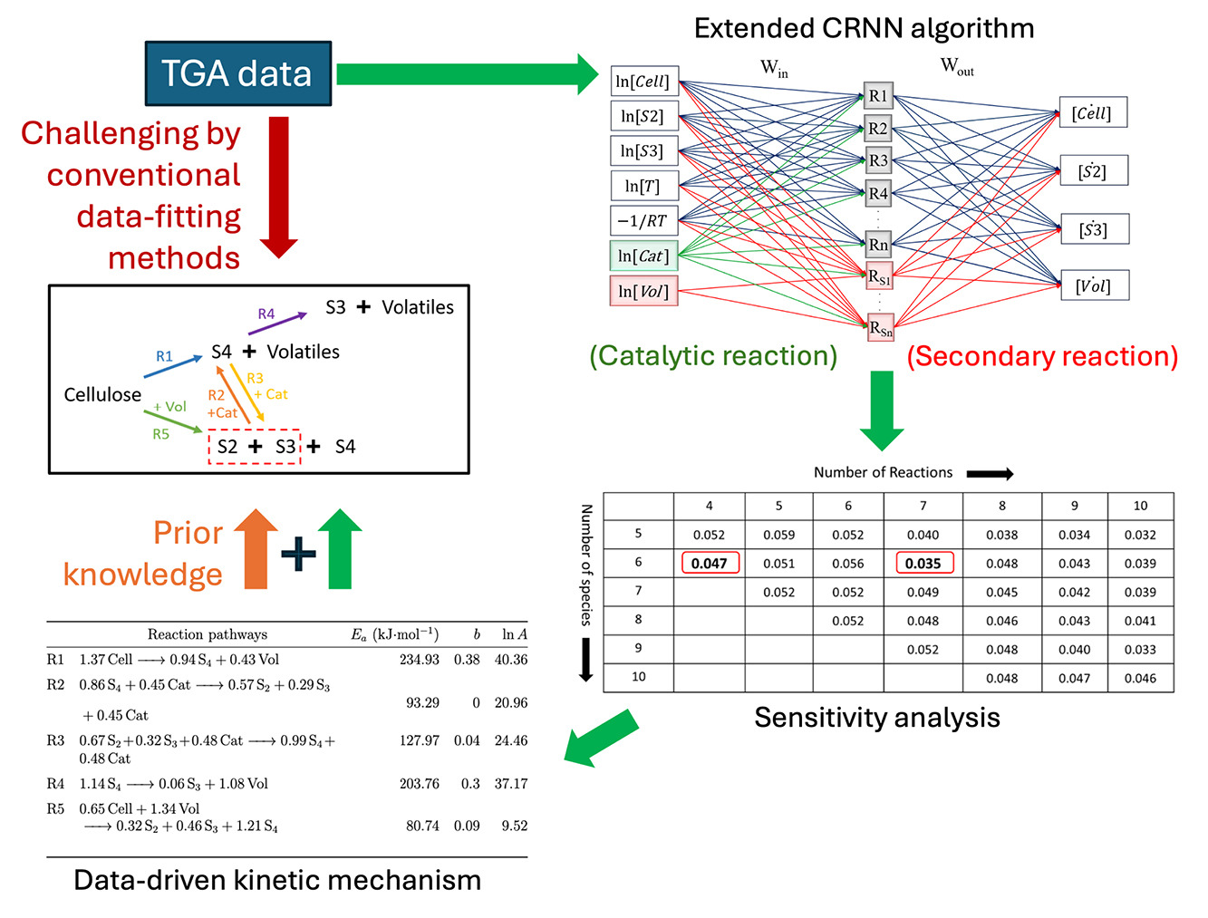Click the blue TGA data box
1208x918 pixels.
click(x=238, y=73)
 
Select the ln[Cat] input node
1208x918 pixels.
click(x=643, y=256)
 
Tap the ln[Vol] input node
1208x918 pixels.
click(x=643, y=291)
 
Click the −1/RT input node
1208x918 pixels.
click(x=643, y=220)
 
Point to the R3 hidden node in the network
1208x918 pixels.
click(x=878, y=160)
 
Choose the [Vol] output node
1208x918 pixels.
click(x=1094, y=285)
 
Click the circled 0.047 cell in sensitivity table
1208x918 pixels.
click(x=710, y=563)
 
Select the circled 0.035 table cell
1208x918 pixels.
click(x=923, y=563)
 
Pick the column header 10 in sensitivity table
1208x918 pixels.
click(x=1140, y=506)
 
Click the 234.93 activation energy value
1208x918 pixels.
click(x=419, y=660)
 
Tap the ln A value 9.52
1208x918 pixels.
click(x=514, y=826)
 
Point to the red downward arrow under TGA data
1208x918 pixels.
click(x=279, y=186)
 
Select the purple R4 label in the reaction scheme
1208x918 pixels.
click(x=266, y=314)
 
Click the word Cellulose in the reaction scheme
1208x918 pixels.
click(x=102, y=395)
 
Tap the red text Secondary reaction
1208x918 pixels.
click(x=1042, y=356)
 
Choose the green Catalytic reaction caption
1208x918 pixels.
click(x=713, y=356)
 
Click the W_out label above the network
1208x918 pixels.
click(x=957, y=66)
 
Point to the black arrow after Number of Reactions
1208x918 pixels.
click(x=990, y=473)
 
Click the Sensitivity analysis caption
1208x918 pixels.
click(x=877, y=718)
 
